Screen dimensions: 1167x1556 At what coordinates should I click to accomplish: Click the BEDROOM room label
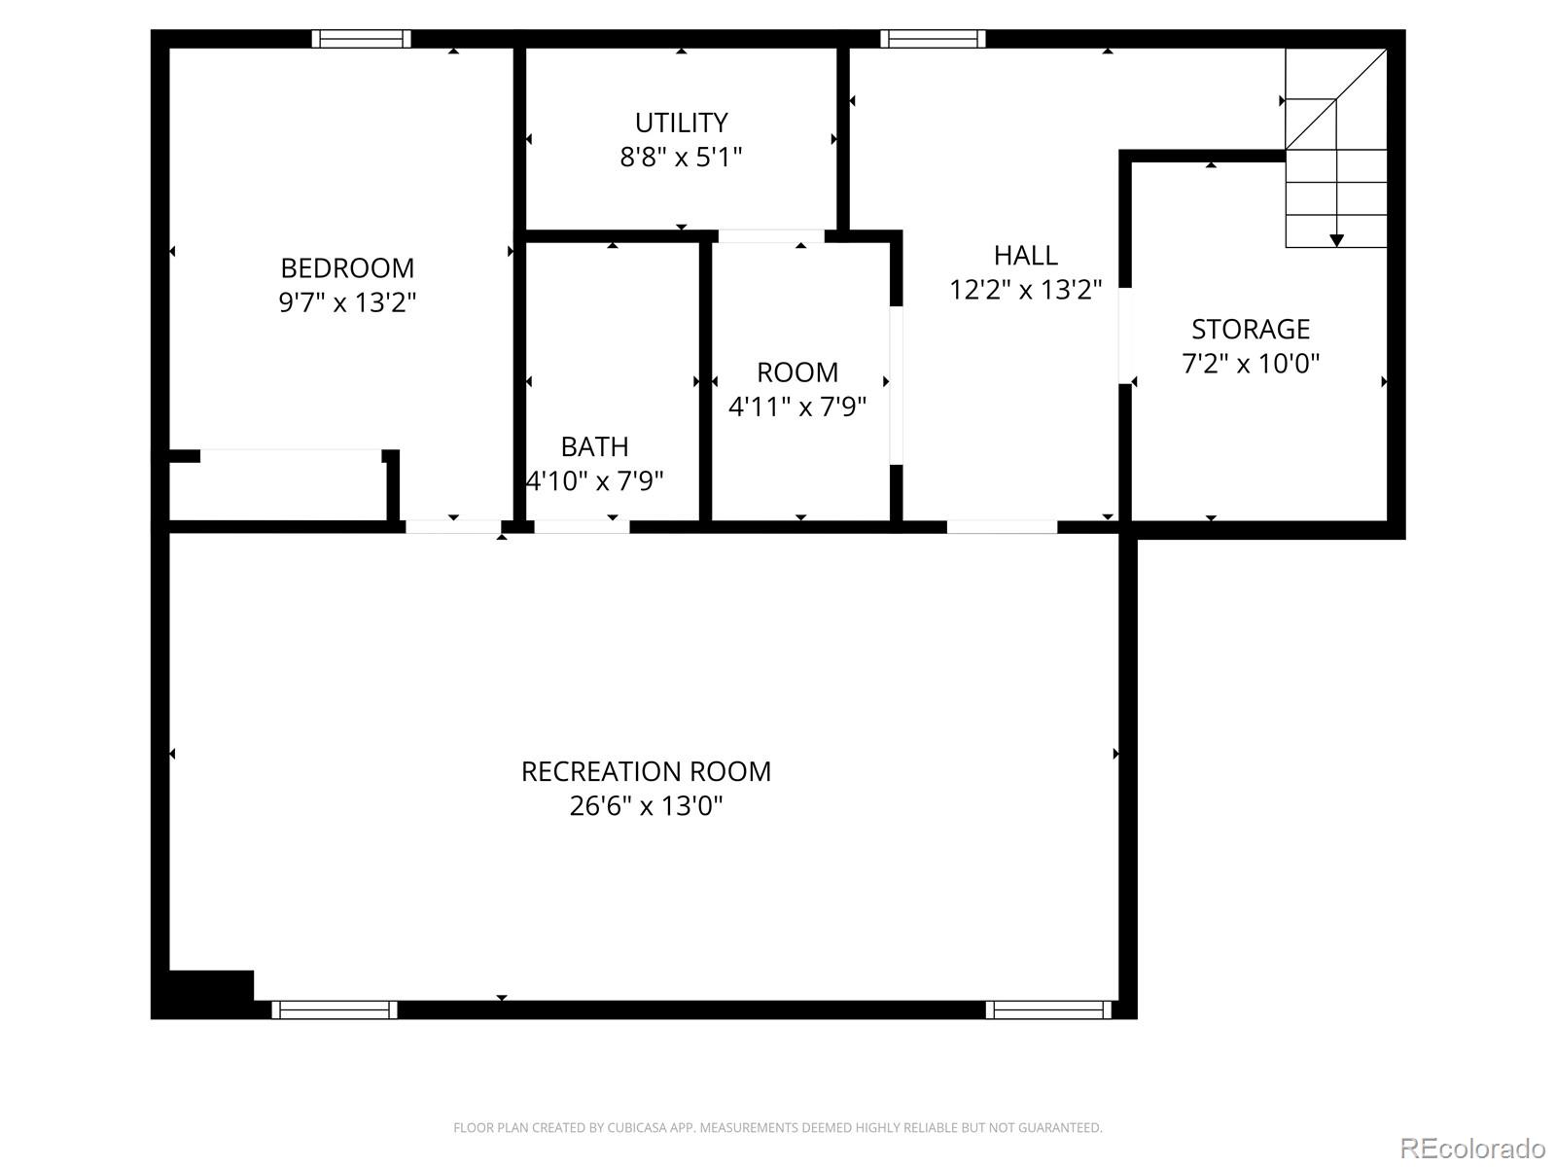347,267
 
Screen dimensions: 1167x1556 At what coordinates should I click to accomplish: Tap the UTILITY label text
681,123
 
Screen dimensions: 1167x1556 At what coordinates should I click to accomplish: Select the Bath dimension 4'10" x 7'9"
595,480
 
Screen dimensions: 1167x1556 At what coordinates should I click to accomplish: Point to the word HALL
1025,255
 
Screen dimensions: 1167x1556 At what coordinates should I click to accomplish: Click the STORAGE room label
1251,329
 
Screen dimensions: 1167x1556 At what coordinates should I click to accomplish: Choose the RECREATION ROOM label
646,771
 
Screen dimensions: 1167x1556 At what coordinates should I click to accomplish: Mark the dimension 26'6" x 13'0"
646,805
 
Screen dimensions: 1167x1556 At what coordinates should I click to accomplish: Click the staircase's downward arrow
1336,238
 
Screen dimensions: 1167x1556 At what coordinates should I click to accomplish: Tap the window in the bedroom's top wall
361,39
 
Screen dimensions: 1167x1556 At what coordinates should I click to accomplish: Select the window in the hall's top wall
933,39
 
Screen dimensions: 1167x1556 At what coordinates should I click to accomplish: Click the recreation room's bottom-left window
335,1009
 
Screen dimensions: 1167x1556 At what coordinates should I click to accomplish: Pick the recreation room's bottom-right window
1048,1009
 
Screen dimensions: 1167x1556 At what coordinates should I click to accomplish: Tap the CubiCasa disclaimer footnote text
777,1128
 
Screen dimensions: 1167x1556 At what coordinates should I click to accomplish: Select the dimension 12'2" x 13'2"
1025,290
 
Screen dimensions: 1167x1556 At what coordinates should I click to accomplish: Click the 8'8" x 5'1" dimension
681,157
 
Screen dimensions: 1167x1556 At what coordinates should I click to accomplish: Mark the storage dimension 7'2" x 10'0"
1251,364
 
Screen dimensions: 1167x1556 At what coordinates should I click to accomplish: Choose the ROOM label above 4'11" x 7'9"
797,372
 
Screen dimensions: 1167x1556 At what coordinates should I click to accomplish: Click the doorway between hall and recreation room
1002,527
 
